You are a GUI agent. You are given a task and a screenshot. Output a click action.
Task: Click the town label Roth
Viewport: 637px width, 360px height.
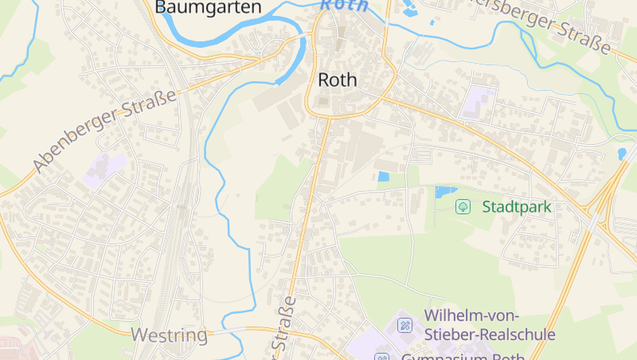(338, 80)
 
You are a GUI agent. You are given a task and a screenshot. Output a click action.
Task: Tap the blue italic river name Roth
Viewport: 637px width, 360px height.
(345, 5)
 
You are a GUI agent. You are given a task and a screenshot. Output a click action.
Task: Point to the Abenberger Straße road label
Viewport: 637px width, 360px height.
(104, 132)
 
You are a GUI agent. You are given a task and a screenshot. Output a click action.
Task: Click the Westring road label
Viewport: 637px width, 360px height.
(169, 335)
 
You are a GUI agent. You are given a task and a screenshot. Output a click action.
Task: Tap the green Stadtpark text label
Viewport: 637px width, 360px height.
(517, 207)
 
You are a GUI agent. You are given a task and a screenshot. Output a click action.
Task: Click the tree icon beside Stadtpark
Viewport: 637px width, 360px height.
(463, 207)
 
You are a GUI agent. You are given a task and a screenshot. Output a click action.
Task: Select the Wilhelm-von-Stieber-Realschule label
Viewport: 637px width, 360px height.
(489, 324)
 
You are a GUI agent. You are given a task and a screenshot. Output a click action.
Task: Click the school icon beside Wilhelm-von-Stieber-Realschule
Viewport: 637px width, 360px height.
(404, 324)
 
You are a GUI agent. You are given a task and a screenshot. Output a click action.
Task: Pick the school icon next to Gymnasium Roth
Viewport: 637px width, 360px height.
(382, 356)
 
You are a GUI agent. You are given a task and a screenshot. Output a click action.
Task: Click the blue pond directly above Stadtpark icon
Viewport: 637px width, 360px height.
(445, 191)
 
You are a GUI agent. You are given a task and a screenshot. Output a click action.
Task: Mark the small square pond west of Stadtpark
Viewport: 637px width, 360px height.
(384, 177)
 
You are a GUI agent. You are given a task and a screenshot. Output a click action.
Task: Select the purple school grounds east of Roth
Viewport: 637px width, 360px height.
(479, 102)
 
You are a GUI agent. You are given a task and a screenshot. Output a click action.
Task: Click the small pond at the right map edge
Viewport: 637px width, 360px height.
(622, 153)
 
